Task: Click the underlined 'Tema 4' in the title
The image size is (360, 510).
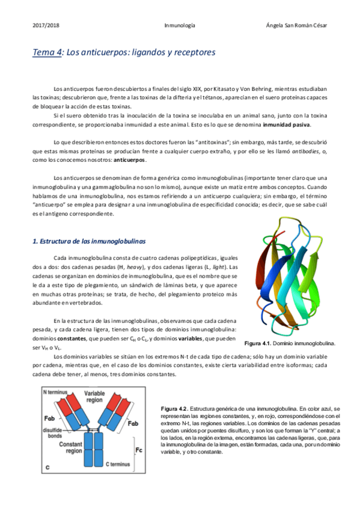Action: pyautogui.click(x=47, y=53)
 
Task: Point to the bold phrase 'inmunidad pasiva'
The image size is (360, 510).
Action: pyautogui.click(x=287, y=125)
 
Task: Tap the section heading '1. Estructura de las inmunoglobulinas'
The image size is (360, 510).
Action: pyautogui.click(x=89, y=241)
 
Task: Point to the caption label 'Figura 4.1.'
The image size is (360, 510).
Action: pyautogui.click(x=260, y=343)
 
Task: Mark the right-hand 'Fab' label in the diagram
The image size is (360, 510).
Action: pyautogui.click(x=135, y=423)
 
